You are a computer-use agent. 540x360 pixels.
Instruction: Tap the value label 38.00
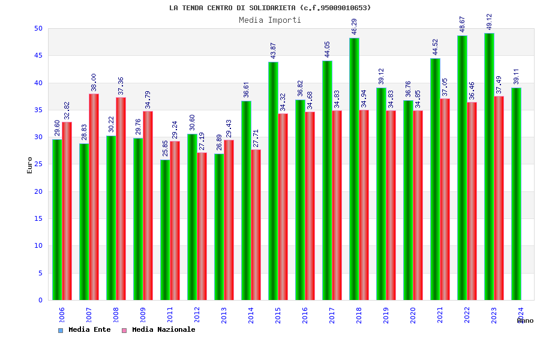[94, 82]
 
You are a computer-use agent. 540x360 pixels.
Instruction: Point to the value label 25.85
[165, 148]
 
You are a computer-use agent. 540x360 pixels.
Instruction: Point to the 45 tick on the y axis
[38, 55]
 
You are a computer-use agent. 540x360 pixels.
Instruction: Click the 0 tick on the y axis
[40, 300]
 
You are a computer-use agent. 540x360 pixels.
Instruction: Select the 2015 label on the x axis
[278, 316]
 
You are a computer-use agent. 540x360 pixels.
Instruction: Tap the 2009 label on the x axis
[143, 316]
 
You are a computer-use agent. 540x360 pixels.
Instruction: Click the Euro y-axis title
[30, 165]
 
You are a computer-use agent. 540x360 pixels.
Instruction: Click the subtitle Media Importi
[270, 20]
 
